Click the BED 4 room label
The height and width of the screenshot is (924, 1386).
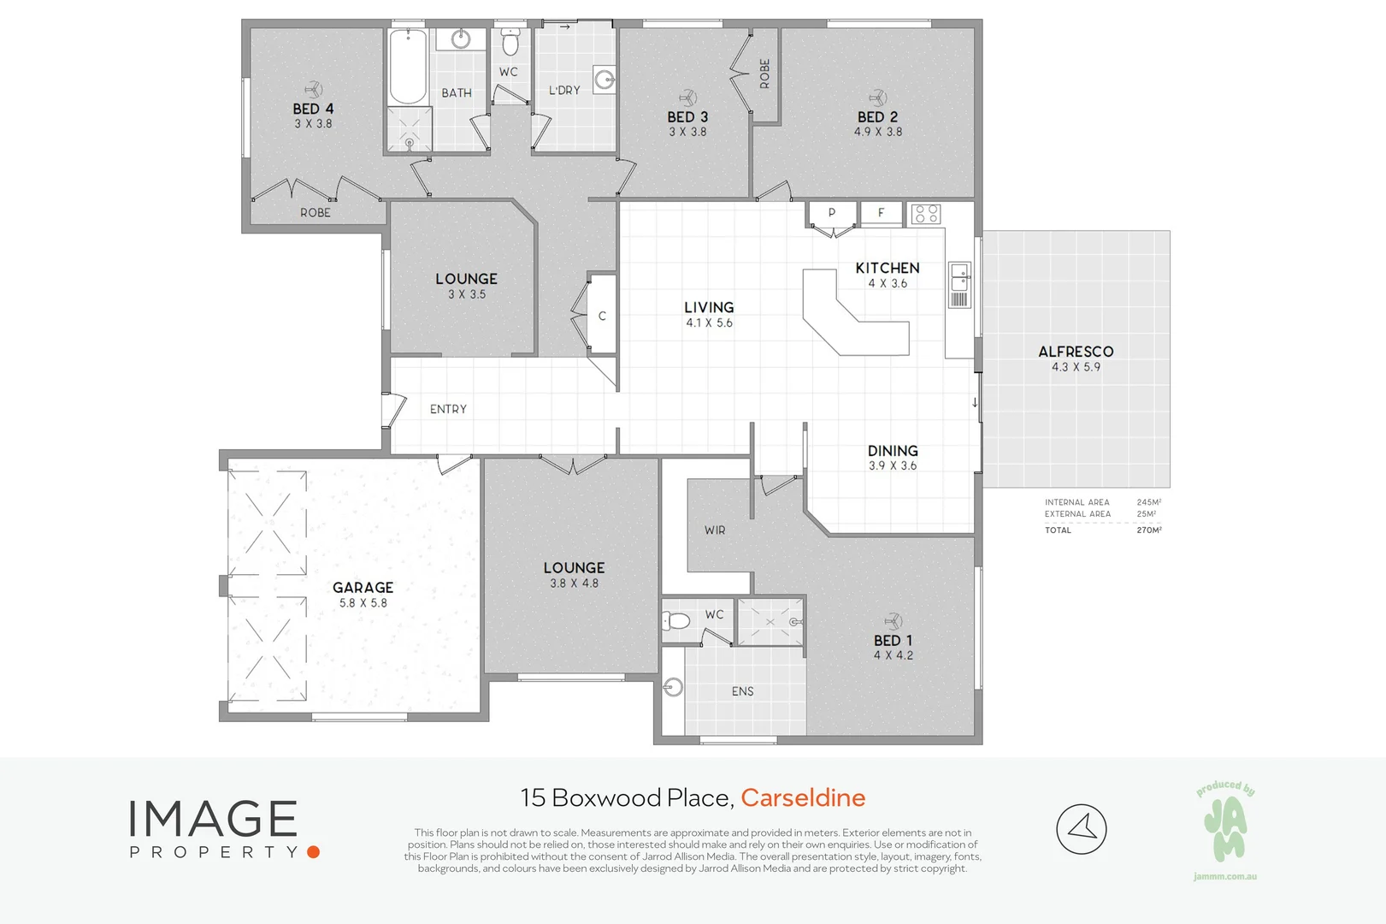pos(313,109)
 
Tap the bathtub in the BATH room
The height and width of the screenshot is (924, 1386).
pos(408,67)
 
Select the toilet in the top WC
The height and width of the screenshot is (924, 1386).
pos(510,43)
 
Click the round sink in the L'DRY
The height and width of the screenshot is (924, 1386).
pos(605,81)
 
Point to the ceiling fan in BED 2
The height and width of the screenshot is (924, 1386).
pos(877,97)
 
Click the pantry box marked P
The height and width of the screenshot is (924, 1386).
pos(832,213)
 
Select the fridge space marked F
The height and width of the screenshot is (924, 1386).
pos(882,213)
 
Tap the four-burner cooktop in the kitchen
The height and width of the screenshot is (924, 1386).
pos(926,213)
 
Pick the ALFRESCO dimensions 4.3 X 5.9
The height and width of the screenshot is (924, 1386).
pos(1076,367)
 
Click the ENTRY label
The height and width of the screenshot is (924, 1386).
pos(448,409)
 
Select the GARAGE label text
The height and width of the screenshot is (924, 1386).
pos(363,587)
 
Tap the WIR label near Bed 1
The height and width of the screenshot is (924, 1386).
pos(715,530)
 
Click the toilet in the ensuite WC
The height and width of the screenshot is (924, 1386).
pos(676,619)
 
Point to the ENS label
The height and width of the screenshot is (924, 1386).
pos(742,691)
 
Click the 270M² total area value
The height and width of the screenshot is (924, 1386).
pos(1148,530)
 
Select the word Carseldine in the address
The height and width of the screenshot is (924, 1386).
pos(803,797)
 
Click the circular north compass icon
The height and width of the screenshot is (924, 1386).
pos(1081,828)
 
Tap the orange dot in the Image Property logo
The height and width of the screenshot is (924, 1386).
pos(313,851)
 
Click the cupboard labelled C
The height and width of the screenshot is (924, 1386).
pos(602,316)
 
